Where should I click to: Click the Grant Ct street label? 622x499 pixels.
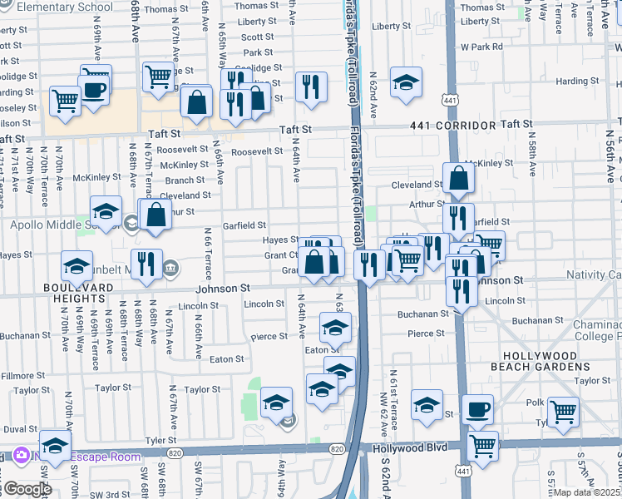[x=281, y=255]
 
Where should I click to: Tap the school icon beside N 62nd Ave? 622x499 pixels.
[x=405, y=82]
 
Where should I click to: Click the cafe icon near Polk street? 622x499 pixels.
[x=477, y=409]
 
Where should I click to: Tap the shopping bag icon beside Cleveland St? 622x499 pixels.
[x=458, y=177]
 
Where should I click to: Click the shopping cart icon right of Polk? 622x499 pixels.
[x=563, y=411]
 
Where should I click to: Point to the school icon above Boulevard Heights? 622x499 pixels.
[x=77, y=266]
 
